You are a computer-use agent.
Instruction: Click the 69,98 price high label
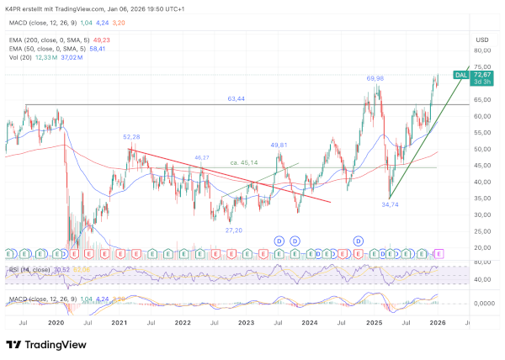(x=375, y=78)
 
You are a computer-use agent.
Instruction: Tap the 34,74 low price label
(x=390, y=204)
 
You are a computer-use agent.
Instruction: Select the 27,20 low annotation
(x=234, y=230)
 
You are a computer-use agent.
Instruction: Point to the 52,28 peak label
(x=131, y=136)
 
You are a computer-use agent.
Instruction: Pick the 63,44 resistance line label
(x=237, y=98)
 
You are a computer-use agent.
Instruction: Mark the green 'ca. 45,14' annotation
(x=245, y=162)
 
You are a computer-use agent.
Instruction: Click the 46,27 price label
(x=202, y=157)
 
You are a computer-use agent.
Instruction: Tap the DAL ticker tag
(x=460, y=75)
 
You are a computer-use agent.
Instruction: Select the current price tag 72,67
(x=483, y=75)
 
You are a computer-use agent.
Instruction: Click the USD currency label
(x=482, y=40)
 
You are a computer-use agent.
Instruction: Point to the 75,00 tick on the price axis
(x=482, y=66)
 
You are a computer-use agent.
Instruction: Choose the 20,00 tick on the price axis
(x=482, y=247)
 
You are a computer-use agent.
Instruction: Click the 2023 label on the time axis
(x=246, y=321)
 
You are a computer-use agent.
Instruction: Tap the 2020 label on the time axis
(x=56, y=321)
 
